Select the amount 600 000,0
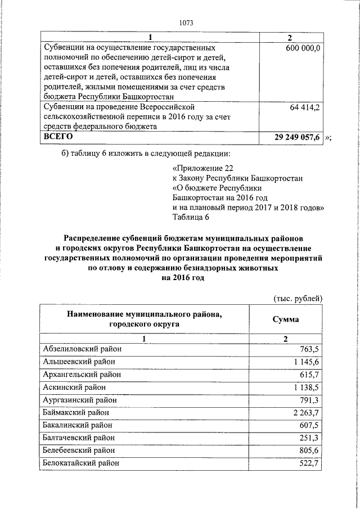coord(302,49)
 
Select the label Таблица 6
coord(191,218)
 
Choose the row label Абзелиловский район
coord(82,349)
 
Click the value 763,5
coord(309,349)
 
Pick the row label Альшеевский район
coord(79,361)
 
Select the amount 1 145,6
coord(305,362)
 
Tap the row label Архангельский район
coord(82,374)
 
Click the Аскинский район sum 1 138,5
coord(305,387)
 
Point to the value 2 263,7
coord(305,413)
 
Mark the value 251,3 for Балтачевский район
coord(309,438)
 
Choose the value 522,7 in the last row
coord(309,463)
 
